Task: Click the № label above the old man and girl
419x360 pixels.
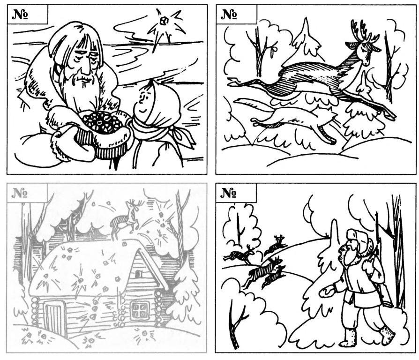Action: [x=20, y=15]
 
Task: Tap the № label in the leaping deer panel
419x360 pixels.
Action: [x=229, y=15]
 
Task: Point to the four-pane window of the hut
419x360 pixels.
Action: [x=139, y=311]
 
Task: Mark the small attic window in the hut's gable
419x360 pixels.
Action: [x=138, y=274]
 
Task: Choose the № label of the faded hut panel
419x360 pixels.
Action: [x=20, y=193]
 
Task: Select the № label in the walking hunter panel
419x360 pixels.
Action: [x=228, y=193]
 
